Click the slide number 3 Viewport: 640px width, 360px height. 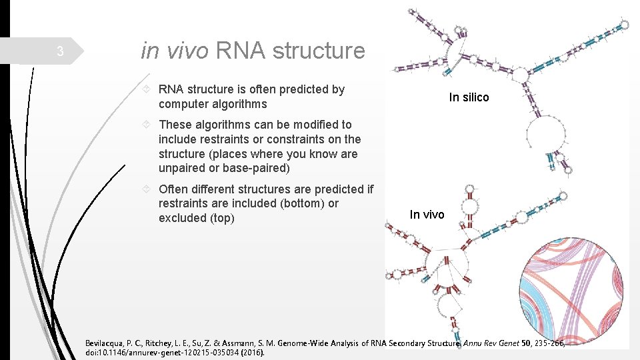click(x=59, y=51)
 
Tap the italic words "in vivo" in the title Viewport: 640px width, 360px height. click(x=175, y=50)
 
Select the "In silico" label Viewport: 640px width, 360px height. click(x=469, y=97)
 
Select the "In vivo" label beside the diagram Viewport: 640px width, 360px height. click(x=427, y=214)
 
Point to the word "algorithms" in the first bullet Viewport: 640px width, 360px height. click(x=241, y=104)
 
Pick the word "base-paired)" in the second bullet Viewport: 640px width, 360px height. click(x=258, y=169)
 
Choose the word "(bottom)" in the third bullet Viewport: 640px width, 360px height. click(x=301, y=203)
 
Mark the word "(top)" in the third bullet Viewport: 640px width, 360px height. click(x=222, y=218)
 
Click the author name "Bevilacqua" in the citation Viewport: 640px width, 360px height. click(x=107, y=343)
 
